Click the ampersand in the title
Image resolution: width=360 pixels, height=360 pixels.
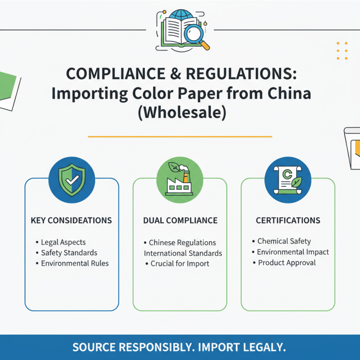175,74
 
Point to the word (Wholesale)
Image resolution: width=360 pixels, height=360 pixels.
182,112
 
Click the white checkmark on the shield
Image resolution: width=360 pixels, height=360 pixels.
72,180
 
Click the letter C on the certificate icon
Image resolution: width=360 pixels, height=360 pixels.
287,174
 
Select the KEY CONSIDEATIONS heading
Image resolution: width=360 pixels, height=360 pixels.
71,220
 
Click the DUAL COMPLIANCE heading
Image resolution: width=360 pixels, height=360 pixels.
180,220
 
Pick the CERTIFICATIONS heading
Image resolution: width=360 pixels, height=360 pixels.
288,220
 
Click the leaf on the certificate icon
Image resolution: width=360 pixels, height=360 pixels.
297,182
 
